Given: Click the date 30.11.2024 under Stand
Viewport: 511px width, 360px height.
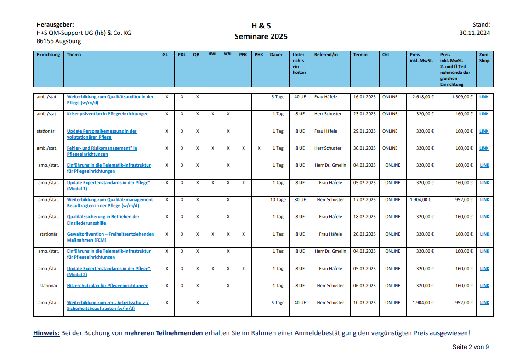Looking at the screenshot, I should [x=474, y=33].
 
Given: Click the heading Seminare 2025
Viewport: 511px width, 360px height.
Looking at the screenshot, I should [x=261, y=36].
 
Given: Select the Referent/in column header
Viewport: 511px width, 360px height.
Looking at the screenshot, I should [x=326, y=55].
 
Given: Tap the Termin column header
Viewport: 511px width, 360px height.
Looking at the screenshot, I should [x=360, y=55].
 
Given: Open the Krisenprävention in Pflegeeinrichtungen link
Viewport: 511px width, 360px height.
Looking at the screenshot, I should [x=108, y=114].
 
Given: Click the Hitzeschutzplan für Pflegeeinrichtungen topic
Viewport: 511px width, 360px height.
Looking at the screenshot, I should [x=108, y=286].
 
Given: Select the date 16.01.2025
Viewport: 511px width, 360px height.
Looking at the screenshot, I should [x=364, y=97].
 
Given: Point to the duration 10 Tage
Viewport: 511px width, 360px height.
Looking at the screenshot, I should [x=278, y=200].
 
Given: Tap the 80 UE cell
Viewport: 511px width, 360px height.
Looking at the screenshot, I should [x=300, y=200].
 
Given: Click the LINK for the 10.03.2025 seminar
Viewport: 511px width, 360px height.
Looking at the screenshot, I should [x=484, y=303].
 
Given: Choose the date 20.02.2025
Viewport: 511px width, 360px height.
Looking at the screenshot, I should [x=364, y=234].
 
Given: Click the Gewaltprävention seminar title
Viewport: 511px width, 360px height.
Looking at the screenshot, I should [x=110, y=237].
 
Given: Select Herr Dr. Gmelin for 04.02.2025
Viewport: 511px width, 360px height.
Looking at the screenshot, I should [x=330, y=165].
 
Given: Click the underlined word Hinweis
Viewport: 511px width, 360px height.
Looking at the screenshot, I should [x=46, y=333].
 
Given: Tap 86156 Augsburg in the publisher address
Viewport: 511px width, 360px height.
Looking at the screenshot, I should [x=59, y=41].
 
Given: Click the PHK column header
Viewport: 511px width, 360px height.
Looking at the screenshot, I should [x=259, y=55].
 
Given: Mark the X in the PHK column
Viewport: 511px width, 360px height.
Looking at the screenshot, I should [x=259, y=148].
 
